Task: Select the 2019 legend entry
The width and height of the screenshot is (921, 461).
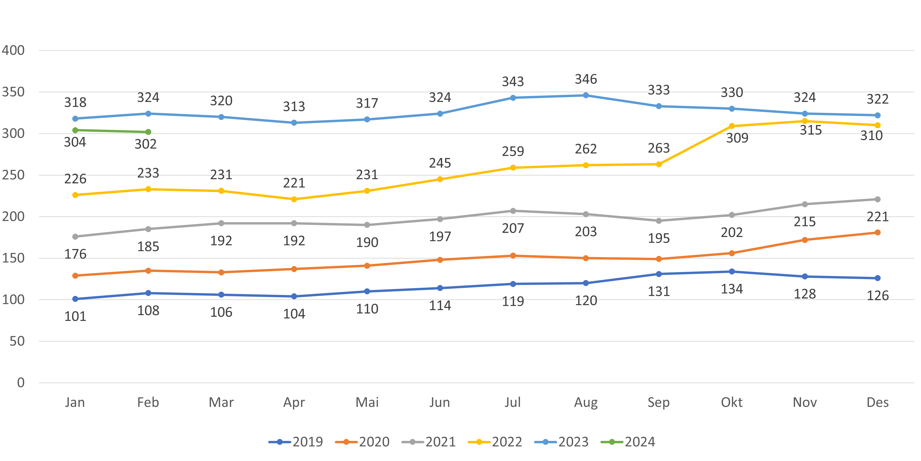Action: click(296, 442)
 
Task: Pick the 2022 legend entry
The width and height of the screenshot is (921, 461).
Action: click(495, 442)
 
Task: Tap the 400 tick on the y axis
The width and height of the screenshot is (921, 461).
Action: click(13, 50)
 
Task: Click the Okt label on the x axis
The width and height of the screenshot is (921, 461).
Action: click(732, 403)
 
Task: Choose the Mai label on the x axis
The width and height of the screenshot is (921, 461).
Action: click(367, 403)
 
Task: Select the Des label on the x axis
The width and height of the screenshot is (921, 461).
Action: click(877, 403)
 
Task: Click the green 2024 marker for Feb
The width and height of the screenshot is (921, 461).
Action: click(148, 132)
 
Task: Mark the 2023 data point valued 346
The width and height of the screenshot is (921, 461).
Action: click(586, 95)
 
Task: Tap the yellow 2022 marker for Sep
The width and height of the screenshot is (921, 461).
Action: click(658, 164)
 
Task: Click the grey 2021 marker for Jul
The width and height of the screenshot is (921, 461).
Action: click(513, 211)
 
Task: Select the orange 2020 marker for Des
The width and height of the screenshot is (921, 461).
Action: click(877, 233)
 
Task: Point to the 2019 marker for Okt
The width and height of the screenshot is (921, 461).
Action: click(732, 272)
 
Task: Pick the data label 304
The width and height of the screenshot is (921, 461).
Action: click(75, 142)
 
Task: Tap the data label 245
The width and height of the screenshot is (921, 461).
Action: click(440, 163)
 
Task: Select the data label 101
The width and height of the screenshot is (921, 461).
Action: click(75, 317)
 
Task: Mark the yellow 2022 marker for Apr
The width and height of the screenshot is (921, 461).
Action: click(294, 199)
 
